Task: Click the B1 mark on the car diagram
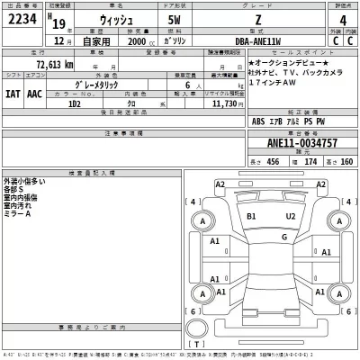(251, 217)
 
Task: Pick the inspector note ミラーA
(17, 214)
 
